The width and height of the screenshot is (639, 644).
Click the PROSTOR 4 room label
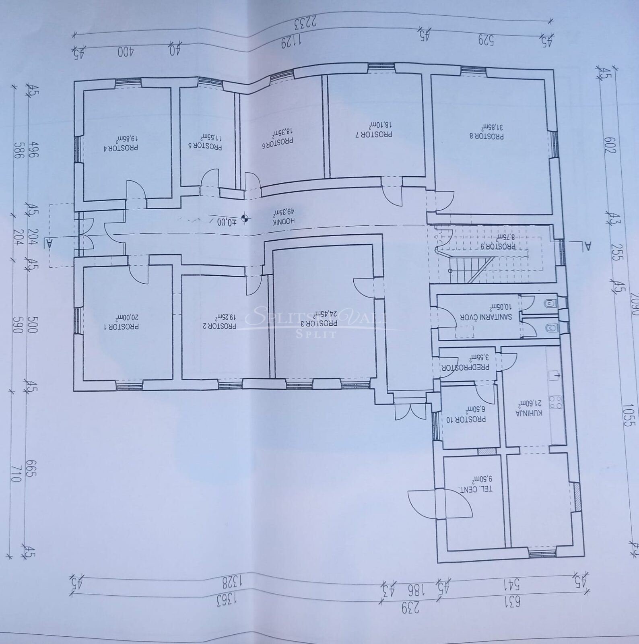[x=121, y=147]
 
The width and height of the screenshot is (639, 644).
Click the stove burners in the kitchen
[x=557, y=401]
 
